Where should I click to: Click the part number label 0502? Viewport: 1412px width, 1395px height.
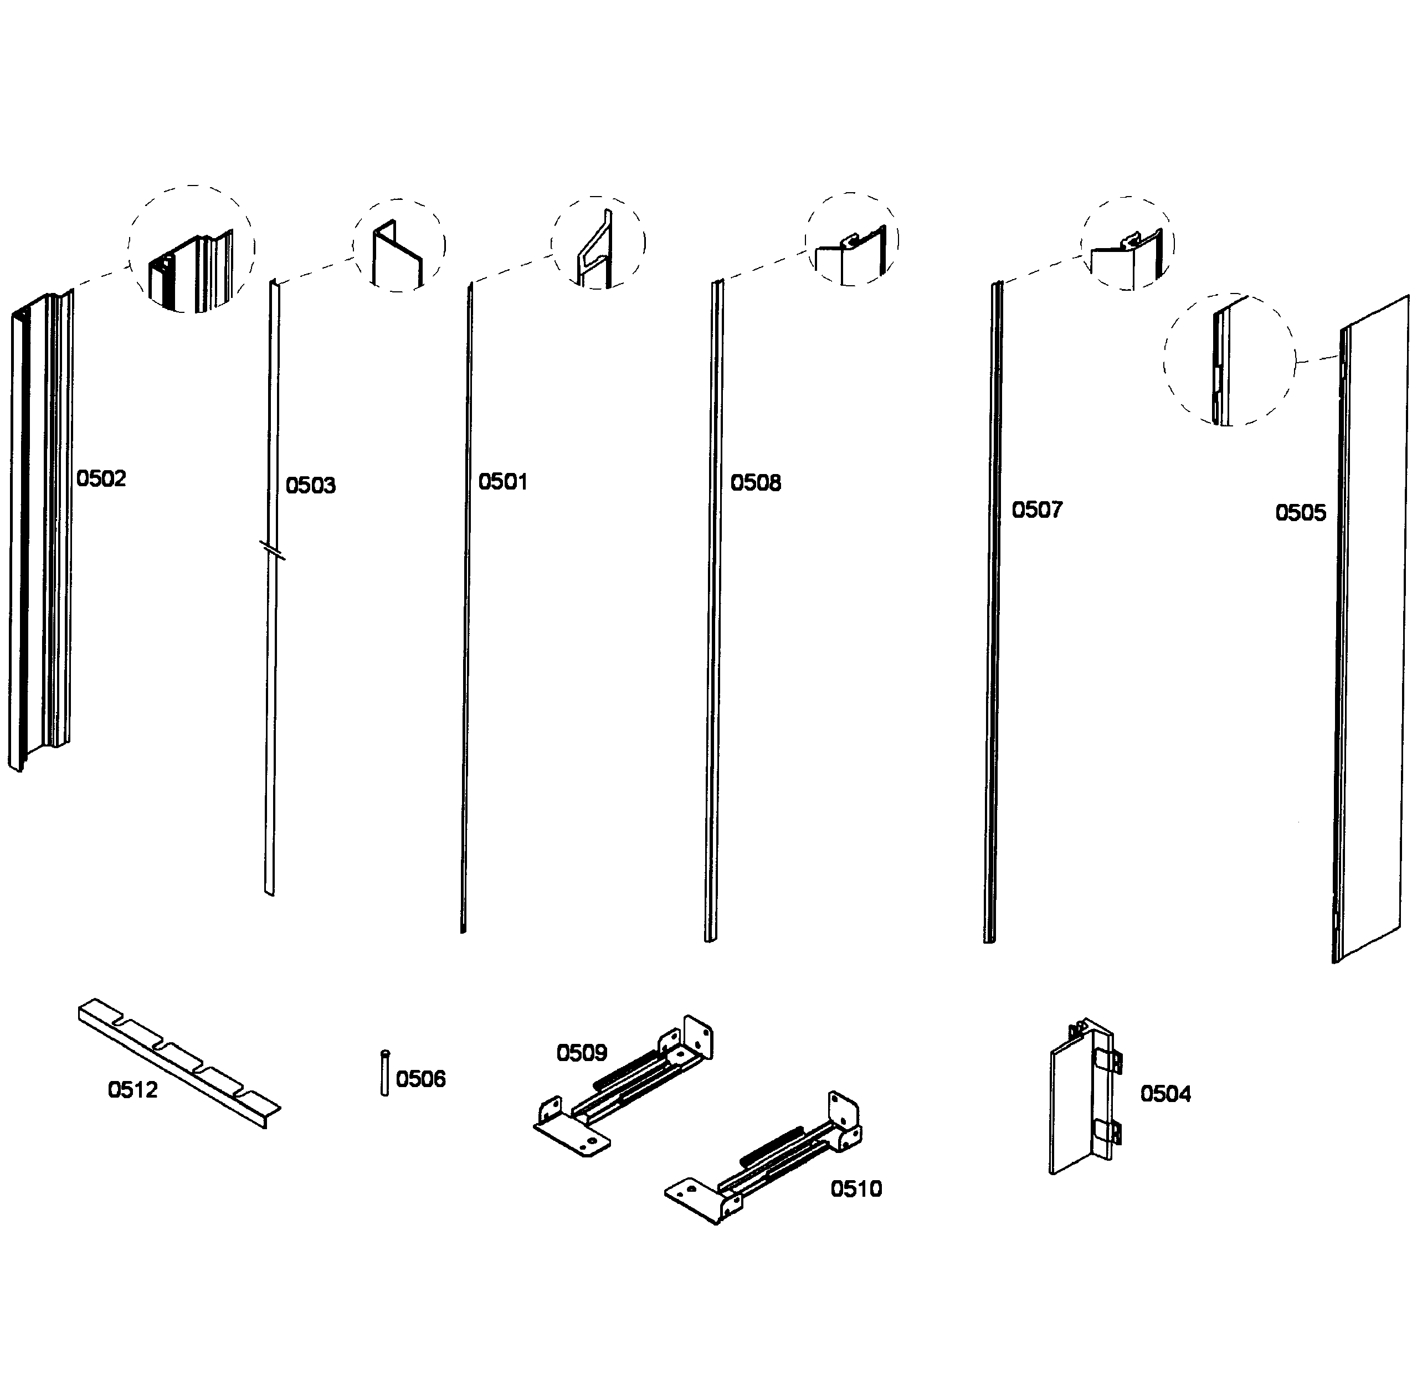(101, 478)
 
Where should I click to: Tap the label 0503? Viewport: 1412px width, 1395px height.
(311, 485)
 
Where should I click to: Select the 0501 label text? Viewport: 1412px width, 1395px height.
(503, 482)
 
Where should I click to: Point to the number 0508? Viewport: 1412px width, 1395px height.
(756, 483)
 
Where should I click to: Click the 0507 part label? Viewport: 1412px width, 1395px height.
(1036, 510)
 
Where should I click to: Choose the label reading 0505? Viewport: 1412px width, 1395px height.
(1300, 513)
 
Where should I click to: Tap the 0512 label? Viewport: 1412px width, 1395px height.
(132, 1090)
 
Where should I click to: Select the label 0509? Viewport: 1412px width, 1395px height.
(582, 1053)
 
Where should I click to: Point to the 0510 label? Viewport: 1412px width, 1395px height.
(856, 1189)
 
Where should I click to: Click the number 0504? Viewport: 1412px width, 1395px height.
(1165, 1094)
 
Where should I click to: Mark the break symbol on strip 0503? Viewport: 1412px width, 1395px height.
(272, 549)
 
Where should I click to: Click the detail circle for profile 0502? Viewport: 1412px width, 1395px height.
(192, 249)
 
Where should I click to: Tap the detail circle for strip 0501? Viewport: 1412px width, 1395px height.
(598, 243)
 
